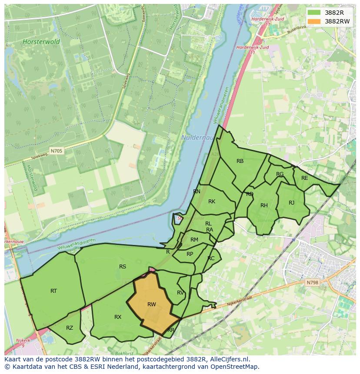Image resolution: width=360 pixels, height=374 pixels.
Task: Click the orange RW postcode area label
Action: tap(151, 304)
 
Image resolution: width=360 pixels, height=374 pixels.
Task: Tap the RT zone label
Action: tap(53, 291)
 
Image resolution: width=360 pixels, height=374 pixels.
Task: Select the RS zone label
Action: tap(123, 267)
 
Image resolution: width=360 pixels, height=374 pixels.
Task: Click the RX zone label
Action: tap(118, 317)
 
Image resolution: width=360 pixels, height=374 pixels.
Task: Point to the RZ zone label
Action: tap(70, 328)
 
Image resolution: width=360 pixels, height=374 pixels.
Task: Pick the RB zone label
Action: tap(240, 161)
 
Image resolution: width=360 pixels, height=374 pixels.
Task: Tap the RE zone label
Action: tap(304, 178)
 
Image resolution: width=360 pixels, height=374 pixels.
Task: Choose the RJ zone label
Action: tap(291, 203)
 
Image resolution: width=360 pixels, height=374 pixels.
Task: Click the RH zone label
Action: tap(264, 205)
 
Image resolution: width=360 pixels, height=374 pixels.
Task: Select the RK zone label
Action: tap(212, 202)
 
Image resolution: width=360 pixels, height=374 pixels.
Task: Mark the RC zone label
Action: tap(211, 258)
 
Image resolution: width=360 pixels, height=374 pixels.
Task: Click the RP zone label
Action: tap(190, 254)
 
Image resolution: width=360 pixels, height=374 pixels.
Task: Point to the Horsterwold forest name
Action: tap(37, 42)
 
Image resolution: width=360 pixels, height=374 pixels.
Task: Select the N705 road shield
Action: tap(56, 151)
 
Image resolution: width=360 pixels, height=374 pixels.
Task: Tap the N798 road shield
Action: tap(312, 283)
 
